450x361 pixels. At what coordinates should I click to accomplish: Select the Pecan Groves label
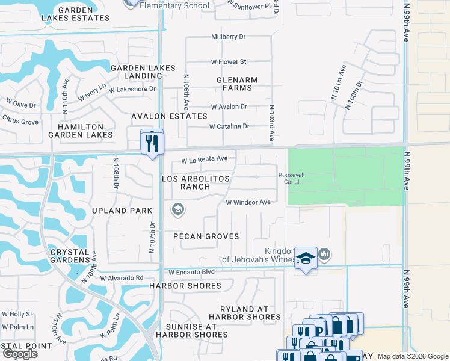coord(206,236)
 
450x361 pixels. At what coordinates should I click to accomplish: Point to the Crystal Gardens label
coord(70,256)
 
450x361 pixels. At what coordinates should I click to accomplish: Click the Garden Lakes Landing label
coord(143,72)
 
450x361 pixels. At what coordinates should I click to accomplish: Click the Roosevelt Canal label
coord(288,178)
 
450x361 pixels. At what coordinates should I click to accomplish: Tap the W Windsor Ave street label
coord(248,202)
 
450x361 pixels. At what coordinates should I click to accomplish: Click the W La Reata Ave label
coord(205,159)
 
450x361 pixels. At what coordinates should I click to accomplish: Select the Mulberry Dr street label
coord(229,37)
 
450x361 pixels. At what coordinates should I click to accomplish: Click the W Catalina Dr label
coord(229,126)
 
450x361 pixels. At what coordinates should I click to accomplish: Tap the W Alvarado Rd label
coord(122,278)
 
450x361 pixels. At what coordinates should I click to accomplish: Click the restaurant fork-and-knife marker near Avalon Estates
coord(152,143)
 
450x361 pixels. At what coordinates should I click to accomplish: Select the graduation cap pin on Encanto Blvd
coord(306,259)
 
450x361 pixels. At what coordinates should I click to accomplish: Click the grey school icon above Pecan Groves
coord(177,209)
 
